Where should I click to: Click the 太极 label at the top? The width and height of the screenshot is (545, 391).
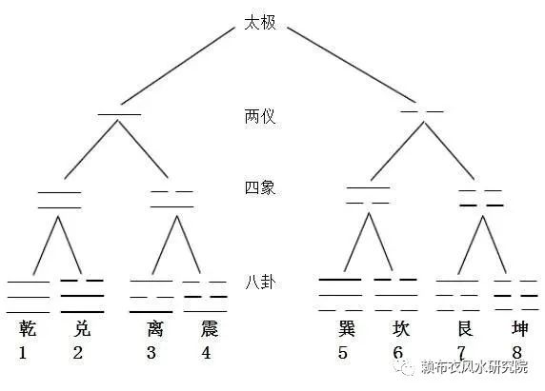click(260, 23)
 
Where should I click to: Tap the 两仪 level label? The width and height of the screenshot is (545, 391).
click(260, 116)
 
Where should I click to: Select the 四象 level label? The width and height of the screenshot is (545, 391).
click(260, 187)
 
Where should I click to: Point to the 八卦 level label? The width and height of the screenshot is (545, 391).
click(260, 282)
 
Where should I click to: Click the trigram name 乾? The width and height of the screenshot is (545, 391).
click(28, 328)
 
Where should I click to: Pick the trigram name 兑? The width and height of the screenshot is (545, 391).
click(82, 328)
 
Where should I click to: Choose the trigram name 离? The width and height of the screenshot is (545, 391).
click(155, 328)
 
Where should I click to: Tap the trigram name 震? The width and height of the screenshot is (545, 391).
click(210, 328)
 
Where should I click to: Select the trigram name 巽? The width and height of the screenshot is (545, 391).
click(347, 328)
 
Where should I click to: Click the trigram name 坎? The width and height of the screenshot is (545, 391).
click(401, 328)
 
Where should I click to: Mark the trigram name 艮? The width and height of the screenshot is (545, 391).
click(465, 328)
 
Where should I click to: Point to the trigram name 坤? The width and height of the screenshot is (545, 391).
click(519, 328)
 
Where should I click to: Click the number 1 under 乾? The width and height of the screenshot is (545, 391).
click(23, 353)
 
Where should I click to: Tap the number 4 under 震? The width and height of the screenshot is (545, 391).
click(206, 353)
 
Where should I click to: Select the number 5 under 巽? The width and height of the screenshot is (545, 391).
click(343, 353)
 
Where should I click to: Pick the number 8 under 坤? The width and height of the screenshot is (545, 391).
click(516, 353)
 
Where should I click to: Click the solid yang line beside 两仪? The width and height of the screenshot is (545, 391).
click(119, 114)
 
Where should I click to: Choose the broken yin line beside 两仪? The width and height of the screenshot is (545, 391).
click(422, 111)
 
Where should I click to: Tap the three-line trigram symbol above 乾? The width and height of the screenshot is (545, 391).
click(29, 298)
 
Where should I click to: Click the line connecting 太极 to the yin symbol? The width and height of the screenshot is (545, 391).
click(352, 65)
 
